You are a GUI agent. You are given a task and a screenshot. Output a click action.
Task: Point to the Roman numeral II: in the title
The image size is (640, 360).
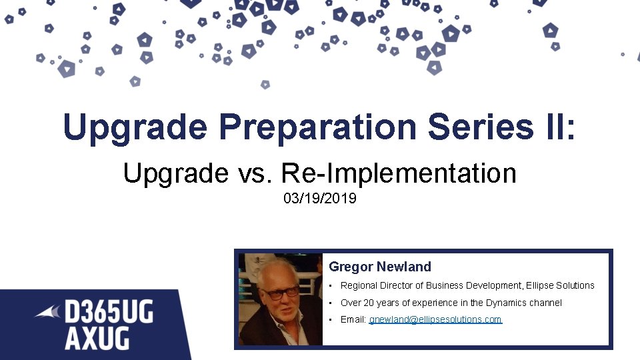point(556,127)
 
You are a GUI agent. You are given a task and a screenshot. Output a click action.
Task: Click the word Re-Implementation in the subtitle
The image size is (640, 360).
point(399,174)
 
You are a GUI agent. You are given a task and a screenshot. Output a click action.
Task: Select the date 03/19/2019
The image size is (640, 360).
point(319,199)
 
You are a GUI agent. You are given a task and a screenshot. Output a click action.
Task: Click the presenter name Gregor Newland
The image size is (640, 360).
point(380,267)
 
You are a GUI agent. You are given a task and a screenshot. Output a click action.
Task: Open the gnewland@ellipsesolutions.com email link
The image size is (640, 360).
point(435,319)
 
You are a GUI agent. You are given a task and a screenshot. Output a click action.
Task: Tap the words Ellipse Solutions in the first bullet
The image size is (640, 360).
point(560,285)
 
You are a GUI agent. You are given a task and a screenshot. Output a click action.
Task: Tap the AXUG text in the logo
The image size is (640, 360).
point(97,339)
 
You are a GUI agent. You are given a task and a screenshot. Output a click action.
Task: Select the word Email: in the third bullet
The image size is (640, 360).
point(353,319)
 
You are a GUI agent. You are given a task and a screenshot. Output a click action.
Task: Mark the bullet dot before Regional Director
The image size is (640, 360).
point(331,285)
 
